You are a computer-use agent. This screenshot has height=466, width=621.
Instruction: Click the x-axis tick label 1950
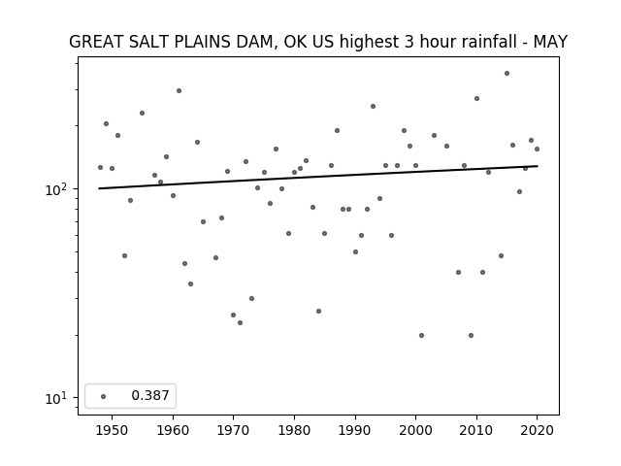(113, 431)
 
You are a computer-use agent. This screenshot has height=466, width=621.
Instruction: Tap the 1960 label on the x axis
(173, 431)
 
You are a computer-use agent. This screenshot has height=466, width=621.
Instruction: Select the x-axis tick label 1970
(234, 431)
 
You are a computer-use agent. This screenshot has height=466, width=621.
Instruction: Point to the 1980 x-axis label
(295, 431)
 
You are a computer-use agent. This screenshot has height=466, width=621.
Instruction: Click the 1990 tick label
(355, 431)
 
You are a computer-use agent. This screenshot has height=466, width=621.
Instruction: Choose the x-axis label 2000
(416, 431)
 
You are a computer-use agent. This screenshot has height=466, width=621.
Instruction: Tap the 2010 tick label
(476, 431)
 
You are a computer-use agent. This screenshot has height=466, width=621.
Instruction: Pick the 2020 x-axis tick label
(537, 431)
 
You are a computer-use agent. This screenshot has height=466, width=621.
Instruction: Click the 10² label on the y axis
(55, 189)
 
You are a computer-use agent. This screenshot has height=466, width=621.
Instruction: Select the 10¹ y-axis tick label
(55, 398)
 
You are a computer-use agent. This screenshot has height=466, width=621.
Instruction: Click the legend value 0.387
(150, 395)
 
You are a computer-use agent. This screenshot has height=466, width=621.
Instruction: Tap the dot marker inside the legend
(103, 396)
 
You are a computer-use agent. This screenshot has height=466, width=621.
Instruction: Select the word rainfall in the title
(485, 42)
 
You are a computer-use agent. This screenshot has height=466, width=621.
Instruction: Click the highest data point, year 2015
(507, 74)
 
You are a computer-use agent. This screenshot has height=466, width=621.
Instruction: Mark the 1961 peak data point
(179, 90)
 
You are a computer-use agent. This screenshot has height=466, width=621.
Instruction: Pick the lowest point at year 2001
(421, 335)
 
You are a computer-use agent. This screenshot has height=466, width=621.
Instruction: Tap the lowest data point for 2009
(471, 335)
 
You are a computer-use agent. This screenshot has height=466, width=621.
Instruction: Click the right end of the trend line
(538, 166)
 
